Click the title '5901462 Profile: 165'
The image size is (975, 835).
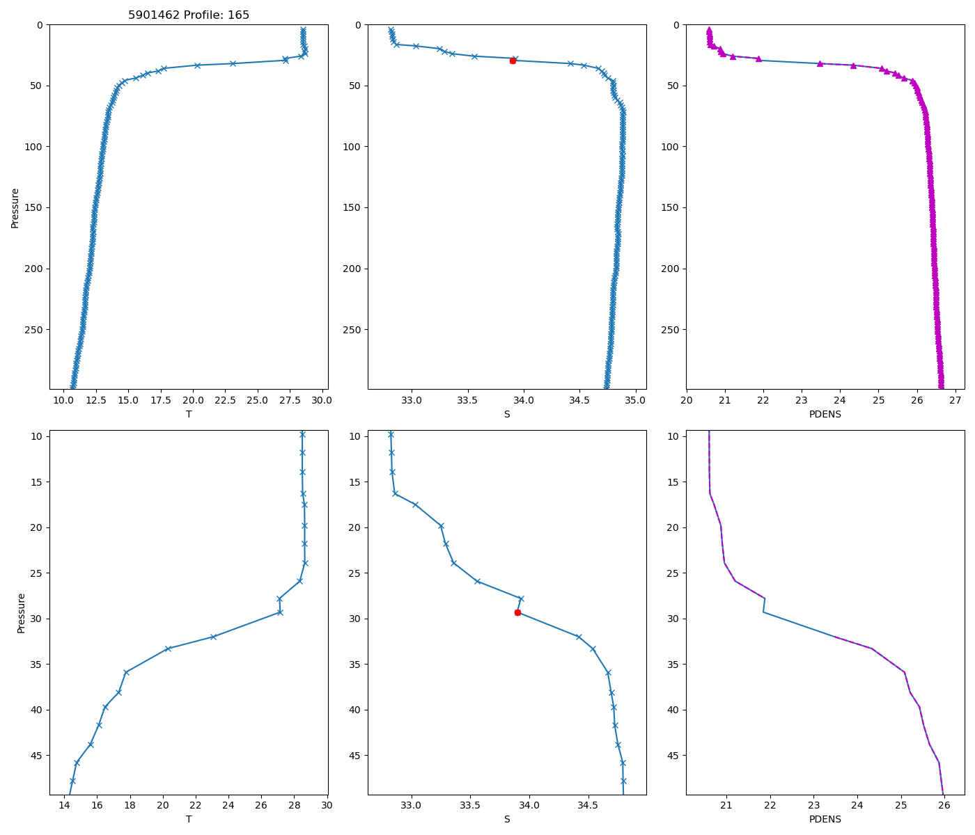click(189, 15)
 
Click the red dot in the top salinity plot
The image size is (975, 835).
click(513, 61)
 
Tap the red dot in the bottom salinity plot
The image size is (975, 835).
click(517, 612)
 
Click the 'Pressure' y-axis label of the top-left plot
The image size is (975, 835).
click(15, 207)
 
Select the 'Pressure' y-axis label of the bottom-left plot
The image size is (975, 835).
click(21, 612)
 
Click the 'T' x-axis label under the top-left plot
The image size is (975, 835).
click(189, 414)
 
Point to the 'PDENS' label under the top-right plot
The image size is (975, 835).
click(825, 414)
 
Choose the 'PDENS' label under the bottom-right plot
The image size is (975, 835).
click(825, 819)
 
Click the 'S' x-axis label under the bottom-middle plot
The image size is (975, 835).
click(507, 819)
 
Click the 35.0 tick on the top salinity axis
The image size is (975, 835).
click(635, 400)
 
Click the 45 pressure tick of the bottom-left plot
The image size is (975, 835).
click(38, 756)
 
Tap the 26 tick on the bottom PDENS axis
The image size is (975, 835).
click(944, 805)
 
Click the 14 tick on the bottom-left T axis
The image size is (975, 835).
click(65, 805)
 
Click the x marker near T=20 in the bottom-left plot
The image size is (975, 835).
click(168, 649)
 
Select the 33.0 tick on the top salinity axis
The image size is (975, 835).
click(412, 400)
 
